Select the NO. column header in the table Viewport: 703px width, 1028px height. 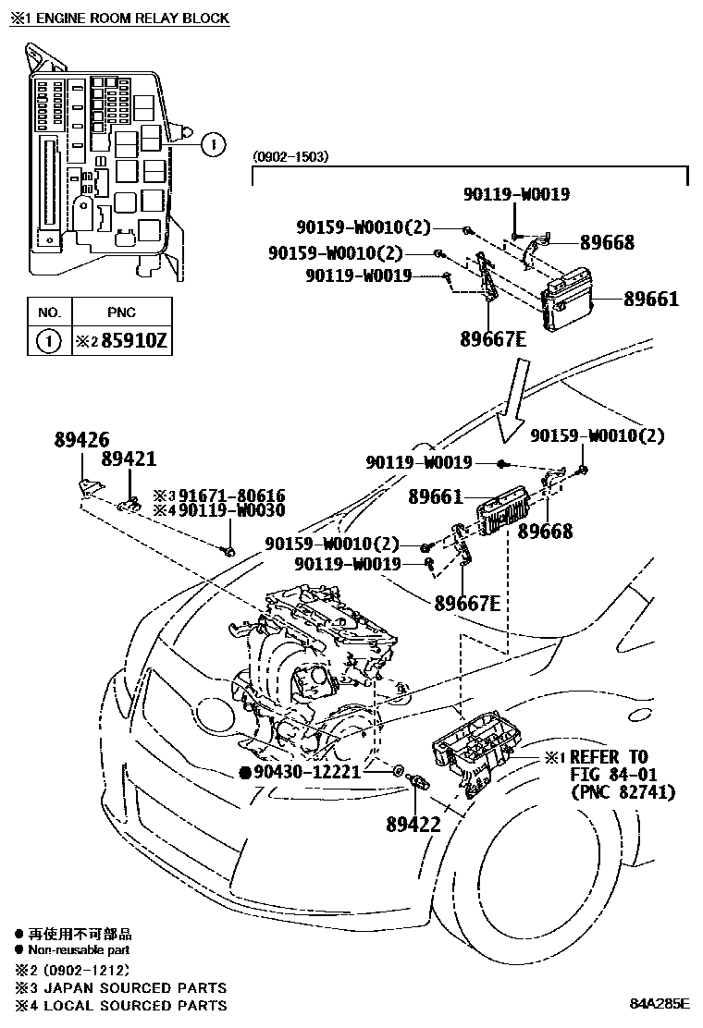(x=48, y=312)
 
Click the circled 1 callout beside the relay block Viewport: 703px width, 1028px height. (x=213, y=143)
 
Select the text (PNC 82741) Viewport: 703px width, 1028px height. (x=623, y=792)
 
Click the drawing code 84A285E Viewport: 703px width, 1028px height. (x=661, y=1003)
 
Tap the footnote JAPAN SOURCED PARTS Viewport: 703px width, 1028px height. (x=129, y=987)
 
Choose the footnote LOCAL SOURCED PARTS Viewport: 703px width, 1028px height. (x=129, y=1005)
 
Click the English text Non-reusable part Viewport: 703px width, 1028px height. (x=79, y=949)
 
